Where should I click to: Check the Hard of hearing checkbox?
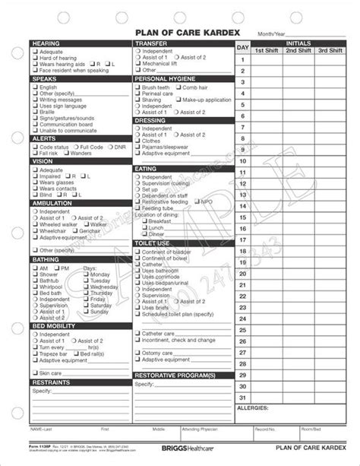[x=35, y=59]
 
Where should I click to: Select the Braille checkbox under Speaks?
[x=35, y=113]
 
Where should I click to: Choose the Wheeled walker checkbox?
[x=35, y=224]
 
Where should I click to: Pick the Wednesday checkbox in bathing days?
[x=85, y=287]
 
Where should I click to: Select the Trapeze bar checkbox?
[x=35, y=353]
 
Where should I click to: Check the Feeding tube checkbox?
[x=138, y=208]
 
